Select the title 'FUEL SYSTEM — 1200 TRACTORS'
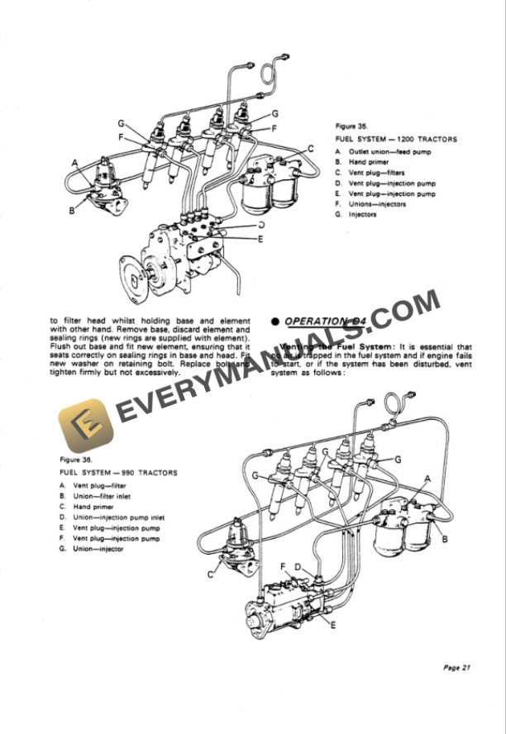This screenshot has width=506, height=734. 396,140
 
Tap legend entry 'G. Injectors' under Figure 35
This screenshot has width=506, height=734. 356,215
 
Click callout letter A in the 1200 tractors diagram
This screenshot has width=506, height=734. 75,164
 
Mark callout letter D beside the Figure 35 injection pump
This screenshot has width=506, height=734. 260,224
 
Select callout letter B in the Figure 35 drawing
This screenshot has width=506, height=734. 72,211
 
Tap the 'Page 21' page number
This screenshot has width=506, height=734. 456,668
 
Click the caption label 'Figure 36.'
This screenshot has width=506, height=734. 76,459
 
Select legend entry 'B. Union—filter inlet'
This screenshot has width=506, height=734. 98,495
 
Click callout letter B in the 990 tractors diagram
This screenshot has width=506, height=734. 445,539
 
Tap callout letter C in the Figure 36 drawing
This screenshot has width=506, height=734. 212,573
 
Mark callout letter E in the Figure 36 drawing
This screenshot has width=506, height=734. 332,624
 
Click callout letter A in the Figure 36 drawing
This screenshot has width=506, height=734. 427,478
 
